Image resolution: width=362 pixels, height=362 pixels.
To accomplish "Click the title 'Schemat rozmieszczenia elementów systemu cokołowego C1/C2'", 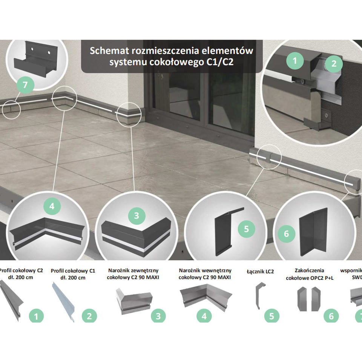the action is pos(171,56).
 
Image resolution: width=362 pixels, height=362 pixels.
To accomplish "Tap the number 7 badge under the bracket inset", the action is pos(25,85).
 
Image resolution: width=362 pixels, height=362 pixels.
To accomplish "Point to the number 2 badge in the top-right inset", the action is pos(334,63).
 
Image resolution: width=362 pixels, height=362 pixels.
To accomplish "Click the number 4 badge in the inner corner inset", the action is pos(52,206).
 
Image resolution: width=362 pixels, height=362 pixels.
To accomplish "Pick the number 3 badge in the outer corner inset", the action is pos(137,216).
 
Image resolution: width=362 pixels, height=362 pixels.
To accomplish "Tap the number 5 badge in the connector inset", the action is pos(246,229).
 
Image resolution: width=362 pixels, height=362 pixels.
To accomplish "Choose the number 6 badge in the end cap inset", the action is pos(286,234).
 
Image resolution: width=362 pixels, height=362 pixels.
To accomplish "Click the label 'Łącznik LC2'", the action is pos(260,271).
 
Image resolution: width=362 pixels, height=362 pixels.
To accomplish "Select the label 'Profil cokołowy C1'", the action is pos(73,274).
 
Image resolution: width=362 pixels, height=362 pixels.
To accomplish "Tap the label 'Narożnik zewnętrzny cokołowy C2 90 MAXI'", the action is pos(133,274).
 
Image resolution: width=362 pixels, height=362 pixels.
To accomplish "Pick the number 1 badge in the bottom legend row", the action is pos(36,316).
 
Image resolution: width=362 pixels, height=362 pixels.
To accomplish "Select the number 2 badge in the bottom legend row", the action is pos(89,316).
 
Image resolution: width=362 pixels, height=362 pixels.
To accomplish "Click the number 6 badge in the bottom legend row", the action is pos(331,316).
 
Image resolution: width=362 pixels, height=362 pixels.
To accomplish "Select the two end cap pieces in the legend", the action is pos(309,299).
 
